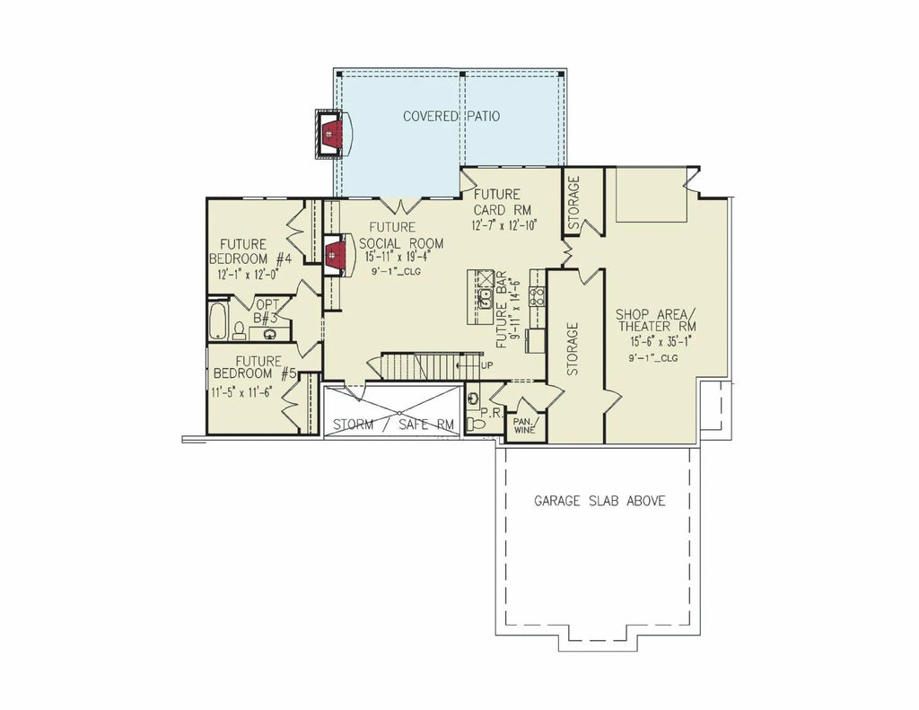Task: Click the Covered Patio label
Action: (x=451, y=116)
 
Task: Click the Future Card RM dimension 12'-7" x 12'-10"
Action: (x=504, y=225)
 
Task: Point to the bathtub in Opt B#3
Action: (x=218, y=320)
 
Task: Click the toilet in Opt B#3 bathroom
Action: (x=239, y=331)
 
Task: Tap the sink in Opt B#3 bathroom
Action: (x=270, y=335)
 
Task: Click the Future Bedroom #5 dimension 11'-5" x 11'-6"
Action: (x=242, y=391)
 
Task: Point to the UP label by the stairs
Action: (x=486, y=366)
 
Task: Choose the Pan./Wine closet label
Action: (x=524, y=425)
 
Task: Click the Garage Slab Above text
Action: (x=600, y=501)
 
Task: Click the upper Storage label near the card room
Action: (x=573, y=203)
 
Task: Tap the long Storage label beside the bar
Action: (x=573, y=349)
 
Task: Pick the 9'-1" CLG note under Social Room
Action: (x=397, y=271)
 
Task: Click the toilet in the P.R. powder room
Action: (x=477, y=424)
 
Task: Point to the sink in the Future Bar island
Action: (x=485, y=299)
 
